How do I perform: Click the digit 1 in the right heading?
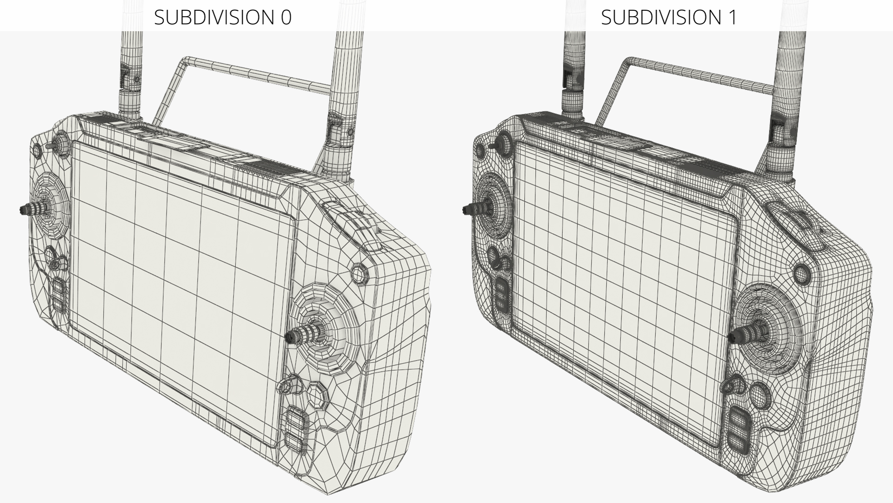(732, 17)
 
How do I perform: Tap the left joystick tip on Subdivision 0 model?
(23, 209)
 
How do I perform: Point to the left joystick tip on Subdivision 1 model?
(466, 210)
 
